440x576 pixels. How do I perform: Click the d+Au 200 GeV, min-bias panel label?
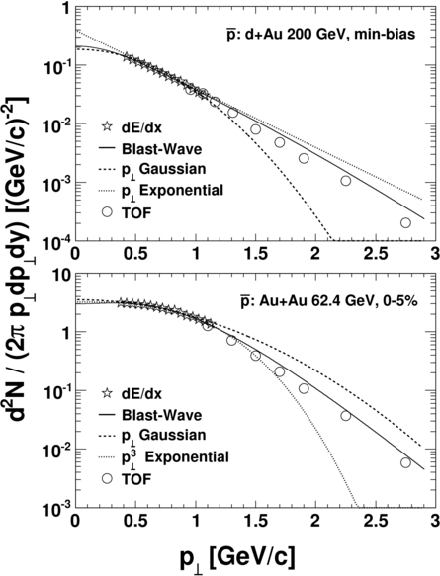pyautogui.click(x=320, y=35)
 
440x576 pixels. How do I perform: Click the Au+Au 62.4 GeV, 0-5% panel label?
pyautogui.click(x=329, y=301)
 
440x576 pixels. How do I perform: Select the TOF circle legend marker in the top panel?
pyautogui.click(x=107, y=212)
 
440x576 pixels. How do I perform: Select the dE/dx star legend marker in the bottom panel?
pyautogui.click(x=107, y=393)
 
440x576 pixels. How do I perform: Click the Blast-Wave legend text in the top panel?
pyautogui.click(x=162, y=149)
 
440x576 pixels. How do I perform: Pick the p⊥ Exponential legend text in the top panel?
pyautogui.click(x=172, y=191)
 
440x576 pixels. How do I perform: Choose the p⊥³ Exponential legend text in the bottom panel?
pyautogui.click(x=175, y=457)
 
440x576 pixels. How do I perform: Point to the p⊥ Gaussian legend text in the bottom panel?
pyautogui.click(x=163, y=436)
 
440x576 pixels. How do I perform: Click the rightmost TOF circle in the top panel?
pyautogui.click(x=405, y=222)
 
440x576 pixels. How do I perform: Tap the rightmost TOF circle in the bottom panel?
pyautogui.click(x=405, y=462)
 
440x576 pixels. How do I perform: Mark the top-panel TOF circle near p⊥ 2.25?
pyautogui.click(x=345, y=181)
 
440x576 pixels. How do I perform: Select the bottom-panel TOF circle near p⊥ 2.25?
pyautogui.click(x=345, y=416)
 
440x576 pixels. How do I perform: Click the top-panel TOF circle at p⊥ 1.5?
pyautogui.click(x=255, y=129)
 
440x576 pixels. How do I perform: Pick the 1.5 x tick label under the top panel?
pyautogui.click(x=256, y=255)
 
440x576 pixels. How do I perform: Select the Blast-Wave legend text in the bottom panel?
pyautogui.click(x=162, y=415)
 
